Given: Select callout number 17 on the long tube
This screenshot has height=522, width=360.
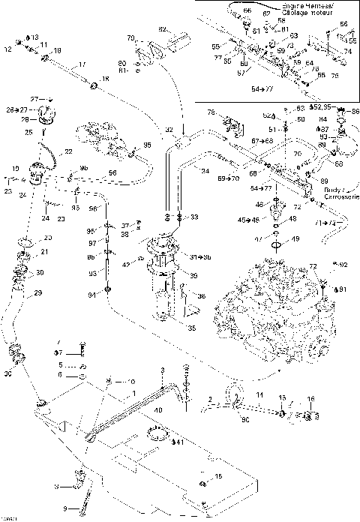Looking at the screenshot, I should click(x=61, y=64).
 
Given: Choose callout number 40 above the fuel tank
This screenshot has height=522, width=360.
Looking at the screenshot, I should click(x=158, y=409).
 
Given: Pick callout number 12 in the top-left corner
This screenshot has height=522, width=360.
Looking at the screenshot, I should click(x=9, y=49).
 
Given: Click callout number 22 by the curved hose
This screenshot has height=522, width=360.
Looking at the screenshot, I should click(x=68, y=151).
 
